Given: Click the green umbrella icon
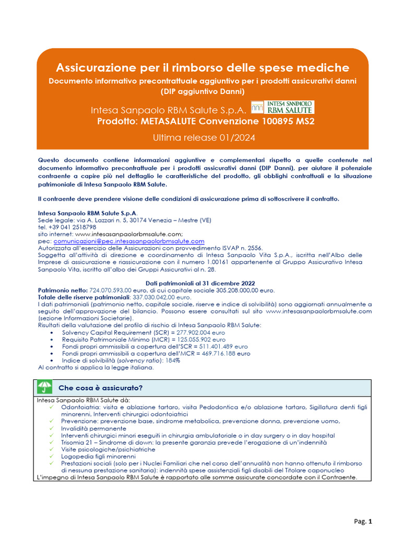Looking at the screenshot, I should (44, 388).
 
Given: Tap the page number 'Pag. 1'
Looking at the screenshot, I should (363, 521).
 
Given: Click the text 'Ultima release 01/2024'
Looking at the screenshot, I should (204, 138).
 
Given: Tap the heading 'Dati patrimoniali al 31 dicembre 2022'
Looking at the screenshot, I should (204, 283).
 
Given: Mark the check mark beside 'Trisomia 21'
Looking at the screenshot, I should (52, 442).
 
